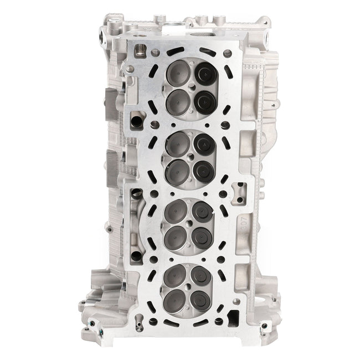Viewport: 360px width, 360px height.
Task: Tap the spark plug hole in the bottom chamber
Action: coord(189,287)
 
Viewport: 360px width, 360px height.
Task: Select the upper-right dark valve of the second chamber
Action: coord(203,143)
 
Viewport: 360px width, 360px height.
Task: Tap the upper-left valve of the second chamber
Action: coord(178,142)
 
